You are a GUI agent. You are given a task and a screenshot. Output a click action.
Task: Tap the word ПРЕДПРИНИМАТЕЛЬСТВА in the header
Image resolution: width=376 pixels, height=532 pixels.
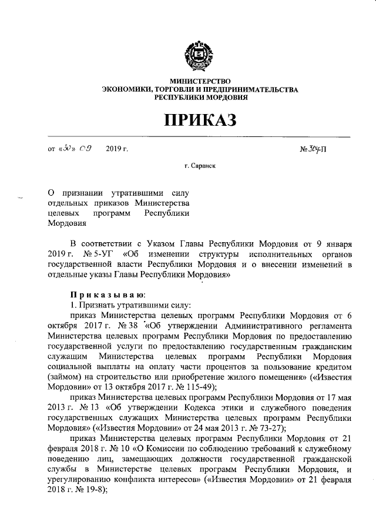pos(247,89)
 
